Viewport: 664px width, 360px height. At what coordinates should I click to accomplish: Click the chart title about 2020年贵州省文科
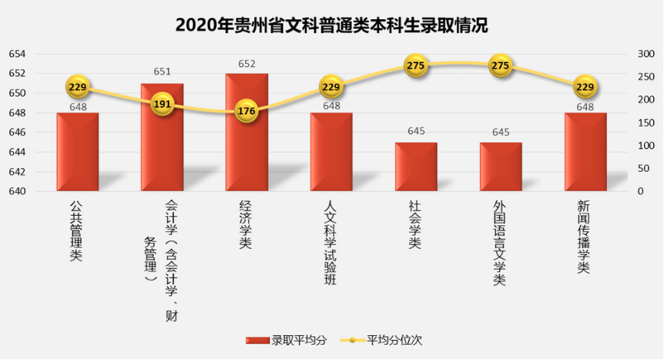[x=331, y=25]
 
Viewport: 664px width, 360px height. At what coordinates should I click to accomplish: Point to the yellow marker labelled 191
[x=162, y=104]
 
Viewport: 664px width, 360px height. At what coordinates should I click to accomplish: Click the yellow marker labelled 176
[x=246, y=111]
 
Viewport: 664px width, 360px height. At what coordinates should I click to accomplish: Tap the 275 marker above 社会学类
[x=416, y=66]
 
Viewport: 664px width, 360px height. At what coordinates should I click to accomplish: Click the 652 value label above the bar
[x=246, y=63]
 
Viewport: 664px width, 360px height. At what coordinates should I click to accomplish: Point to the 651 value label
[x=162, y=72]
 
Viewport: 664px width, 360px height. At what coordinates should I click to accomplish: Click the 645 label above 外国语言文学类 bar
[x=501, y=132]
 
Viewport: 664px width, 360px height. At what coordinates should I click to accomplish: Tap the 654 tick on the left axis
[x=17, y=54]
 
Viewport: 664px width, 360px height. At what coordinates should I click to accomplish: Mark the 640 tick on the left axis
[x=17, y=191]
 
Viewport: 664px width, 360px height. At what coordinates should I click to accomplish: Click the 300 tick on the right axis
[x=646, y=54]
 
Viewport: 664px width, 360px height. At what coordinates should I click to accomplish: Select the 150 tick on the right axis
[x=646, y=123]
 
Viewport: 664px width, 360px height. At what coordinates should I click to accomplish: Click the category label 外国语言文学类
[x=500, y=243]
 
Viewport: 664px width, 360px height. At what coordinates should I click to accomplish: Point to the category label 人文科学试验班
[x=330, y=243]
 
